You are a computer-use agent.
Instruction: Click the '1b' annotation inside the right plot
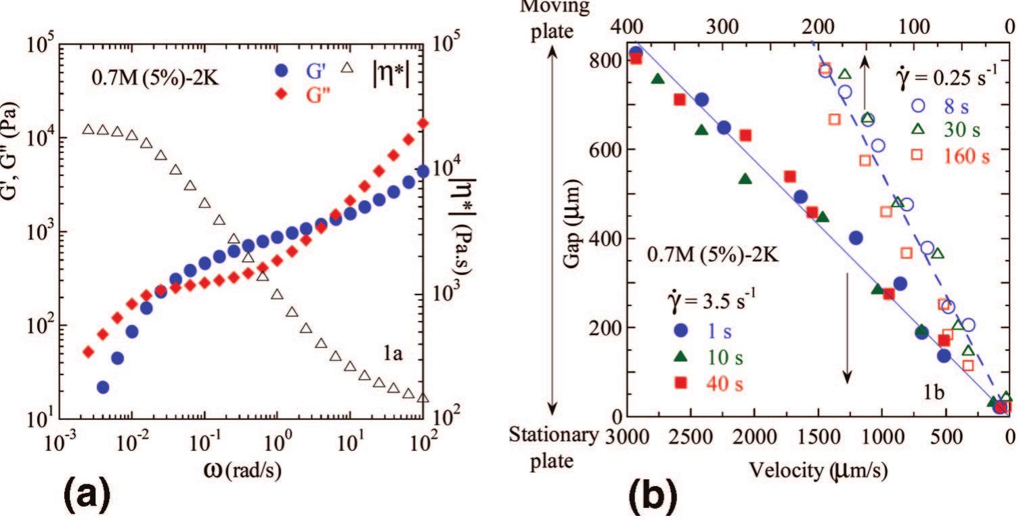point(936,391)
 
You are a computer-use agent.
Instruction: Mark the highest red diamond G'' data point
point(423,123)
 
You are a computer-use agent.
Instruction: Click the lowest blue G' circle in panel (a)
point(103,387)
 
